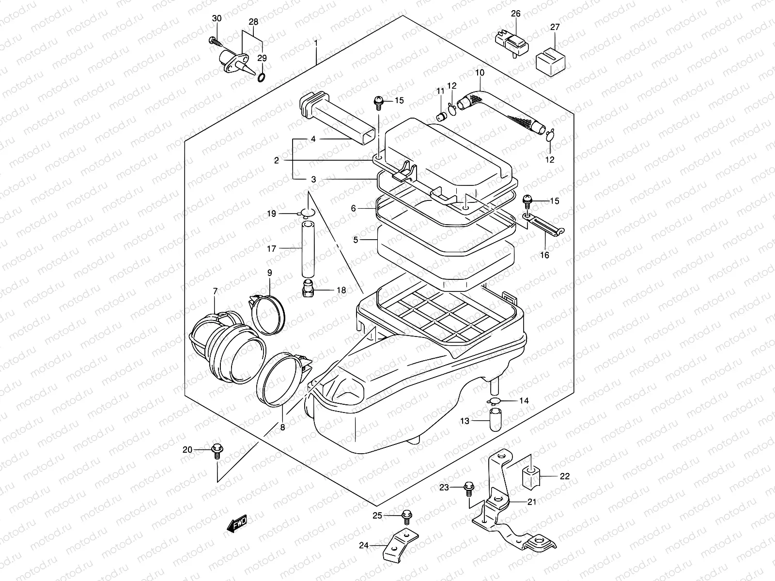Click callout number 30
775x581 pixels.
(x=217, y=18)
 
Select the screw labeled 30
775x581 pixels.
(x=214, y=41)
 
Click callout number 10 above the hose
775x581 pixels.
(x=480, y=73)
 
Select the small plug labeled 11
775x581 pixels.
(x=441, y=116)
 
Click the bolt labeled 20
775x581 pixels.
(x=217, y=451)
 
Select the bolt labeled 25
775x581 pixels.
(x=406, y=516)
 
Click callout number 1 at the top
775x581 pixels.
(x=316, y=43)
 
